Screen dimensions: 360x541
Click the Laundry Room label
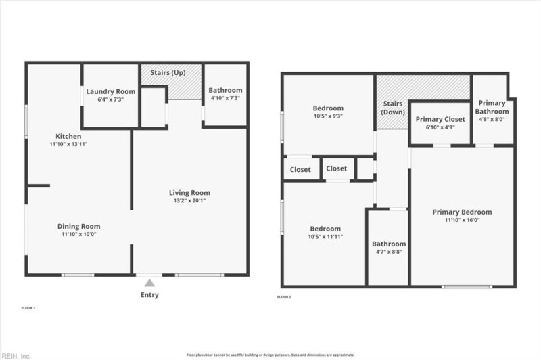click(x=110, y=91)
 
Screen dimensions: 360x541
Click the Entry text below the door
click(x=149, y=295)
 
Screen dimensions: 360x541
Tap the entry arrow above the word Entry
click(x=149, y=279)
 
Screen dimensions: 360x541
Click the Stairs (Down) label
click(x=393, y=108)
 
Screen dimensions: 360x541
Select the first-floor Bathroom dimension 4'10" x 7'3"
click(x=225, y=99)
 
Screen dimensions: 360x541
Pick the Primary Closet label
click(x=440, y=119)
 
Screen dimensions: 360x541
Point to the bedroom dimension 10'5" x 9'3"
click(x=328, y=116)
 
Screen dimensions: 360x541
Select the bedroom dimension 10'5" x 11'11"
click(x=326, y=237)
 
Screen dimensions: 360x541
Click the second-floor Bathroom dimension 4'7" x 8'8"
click(x=389, y=252)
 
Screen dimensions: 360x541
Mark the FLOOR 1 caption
click(x=28, y=309)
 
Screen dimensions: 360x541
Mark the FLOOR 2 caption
click(x=284, y=297)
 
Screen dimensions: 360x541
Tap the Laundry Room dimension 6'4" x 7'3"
click(x=110, y=99)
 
